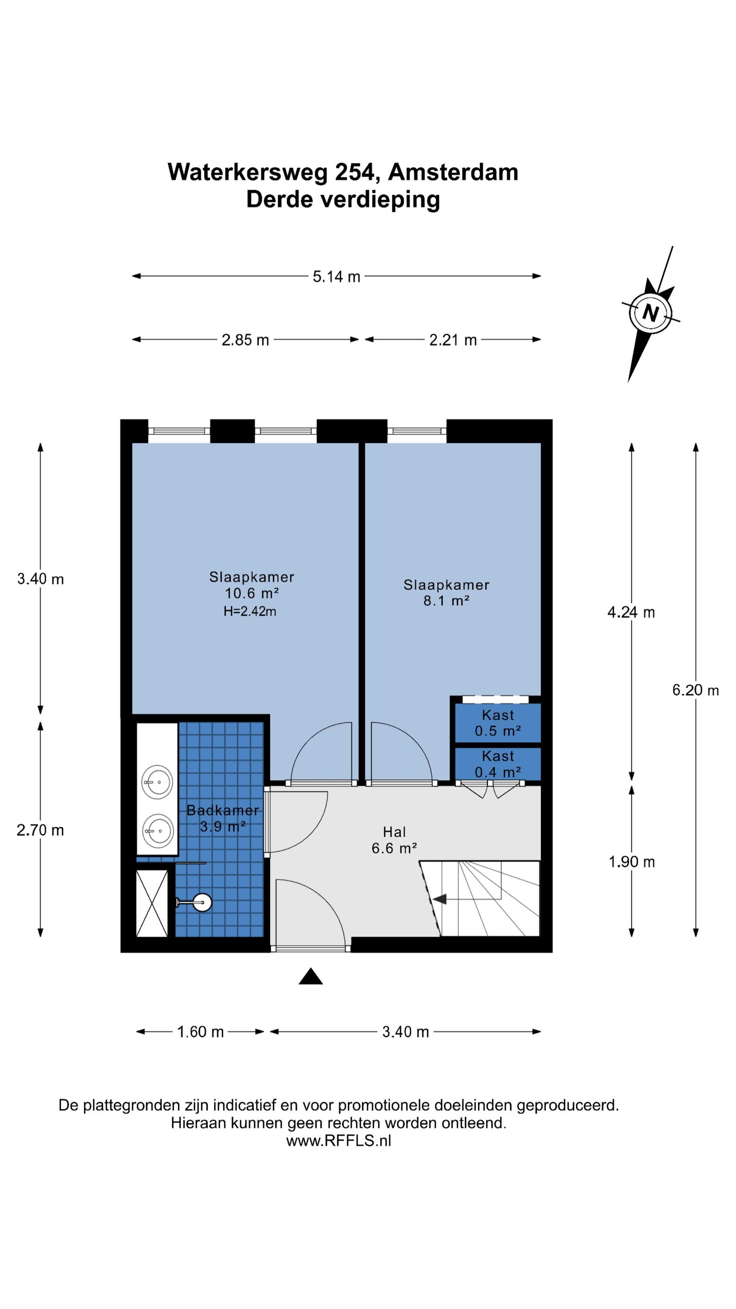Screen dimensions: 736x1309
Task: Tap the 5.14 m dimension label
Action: pos(336,277)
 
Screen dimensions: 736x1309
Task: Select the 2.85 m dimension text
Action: pos(245,339)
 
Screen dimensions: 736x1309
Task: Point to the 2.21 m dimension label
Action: pos(453,339)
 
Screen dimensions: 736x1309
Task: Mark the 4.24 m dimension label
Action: pos(631,612)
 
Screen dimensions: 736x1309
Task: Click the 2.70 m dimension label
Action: pos(40,830)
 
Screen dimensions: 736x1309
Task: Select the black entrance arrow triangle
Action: pos(311,976)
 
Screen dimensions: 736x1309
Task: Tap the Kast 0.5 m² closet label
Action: pos(498,723)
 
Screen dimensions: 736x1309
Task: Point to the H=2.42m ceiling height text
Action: pos(250,611)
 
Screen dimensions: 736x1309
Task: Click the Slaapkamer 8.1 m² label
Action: pos(446,593)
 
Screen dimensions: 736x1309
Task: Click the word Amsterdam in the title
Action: pos(453,172)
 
